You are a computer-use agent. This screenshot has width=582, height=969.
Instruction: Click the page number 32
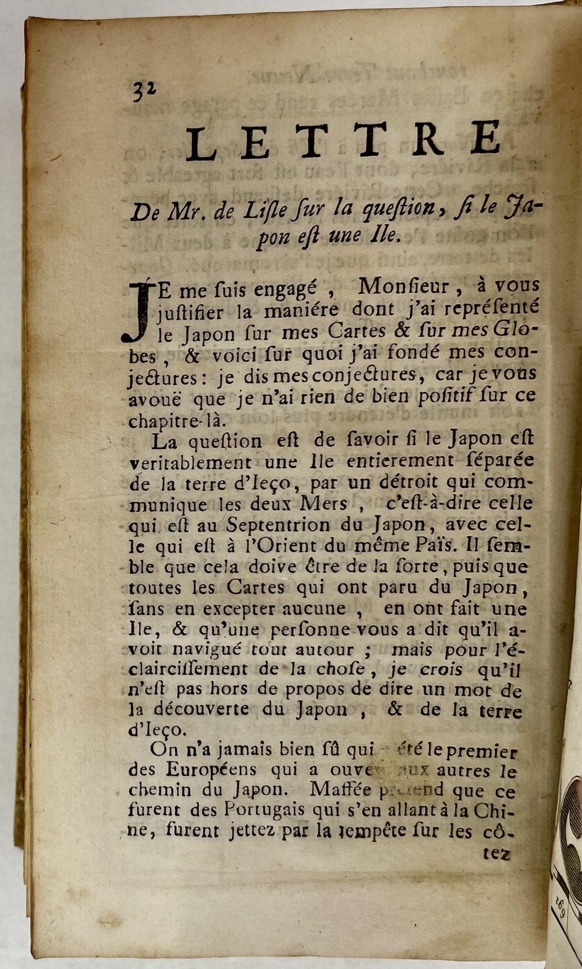[144, 91]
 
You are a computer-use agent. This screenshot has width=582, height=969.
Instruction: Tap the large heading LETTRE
[343, 141]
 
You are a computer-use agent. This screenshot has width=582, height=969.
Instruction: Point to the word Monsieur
[403, 287]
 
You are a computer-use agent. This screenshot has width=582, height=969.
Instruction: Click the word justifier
[190, 313]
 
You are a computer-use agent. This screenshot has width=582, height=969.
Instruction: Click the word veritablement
[190, 463]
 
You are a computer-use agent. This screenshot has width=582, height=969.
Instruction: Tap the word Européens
[211, 770]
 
